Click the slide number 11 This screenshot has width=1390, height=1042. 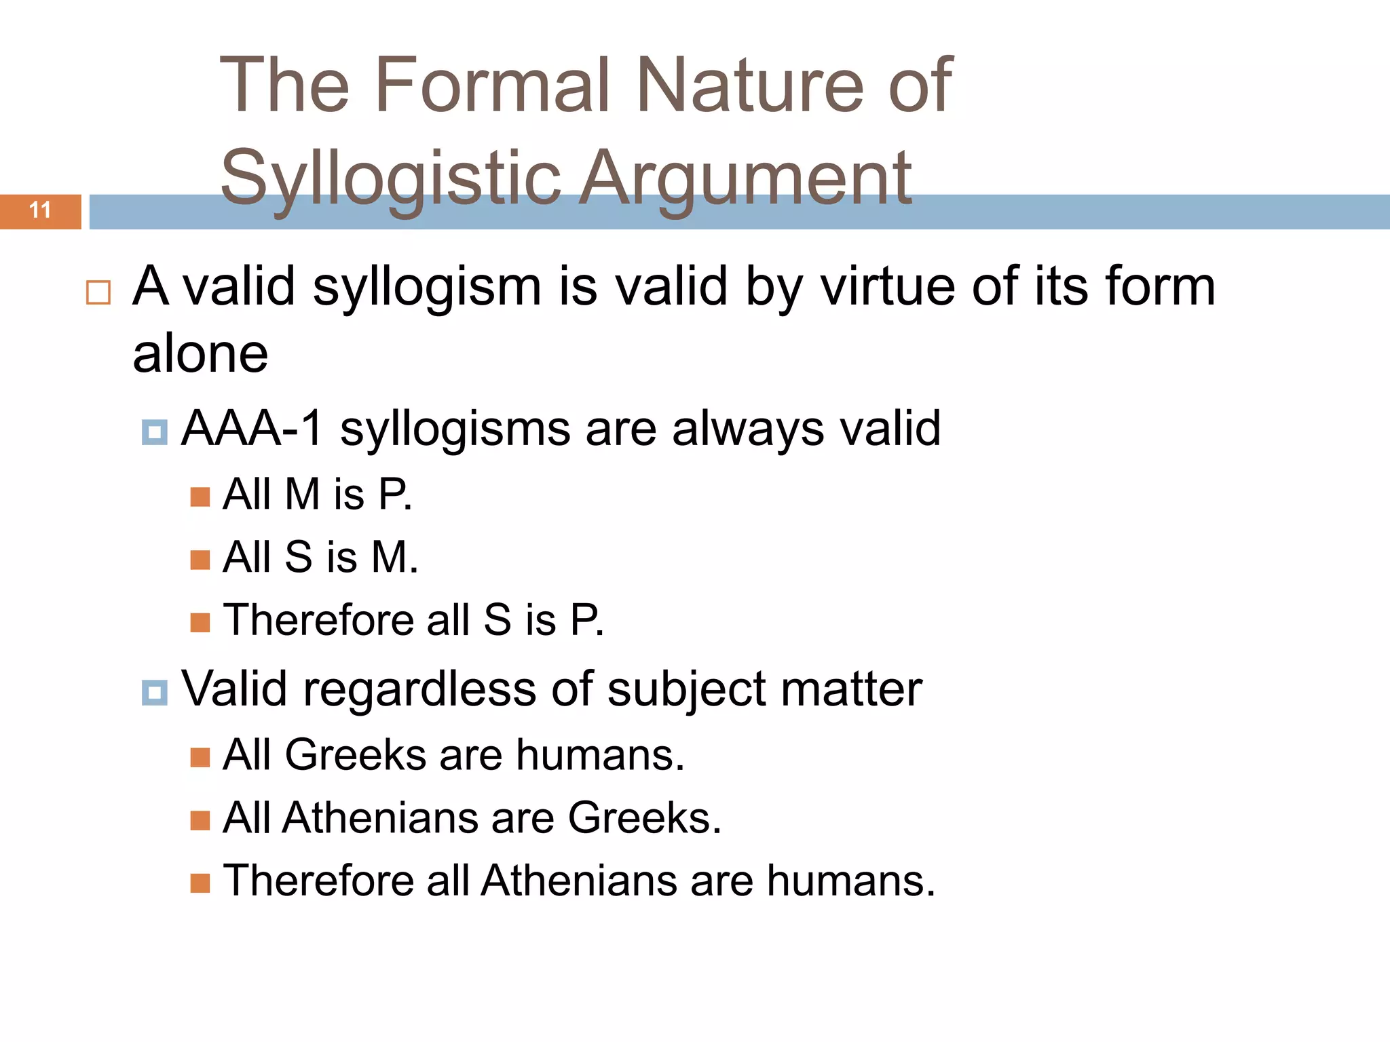pyautogui.click(x=40, y=210)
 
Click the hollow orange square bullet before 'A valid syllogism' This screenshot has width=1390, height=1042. pyautogui.click(x=98, y=292)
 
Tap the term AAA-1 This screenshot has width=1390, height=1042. pyautogui.click(x=252, y=428)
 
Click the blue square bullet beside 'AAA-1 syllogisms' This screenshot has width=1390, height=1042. pyautogui.click(x=155, y=432)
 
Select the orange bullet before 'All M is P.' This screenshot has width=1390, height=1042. pyautogui.click(x=200, y=497)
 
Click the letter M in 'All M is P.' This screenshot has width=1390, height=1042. pyautogui.click(x=302, y=494)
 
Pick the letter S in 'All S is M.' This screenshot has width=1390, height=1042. pyautogui.click(x=299, y=557)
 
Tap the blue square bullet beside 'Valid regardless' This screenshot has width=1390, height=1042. pyautogui.click(x=155, y=693)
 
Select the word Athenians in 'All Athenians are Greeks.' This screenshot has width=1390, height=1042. pyautogui.click(x=380, y=817)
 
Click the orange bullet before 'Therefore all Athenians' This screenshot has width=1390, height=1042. pyautogui.click(x=200, y=883)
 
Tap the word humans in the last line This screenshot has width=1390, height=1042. pyautogui.click(x=850, y=881)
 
